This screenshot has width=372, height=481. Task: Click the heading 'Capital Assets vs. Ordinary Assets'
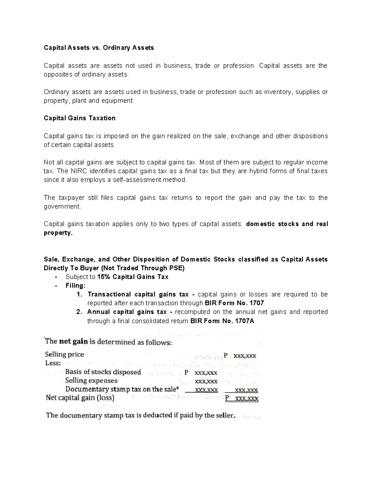(x=99, y=48)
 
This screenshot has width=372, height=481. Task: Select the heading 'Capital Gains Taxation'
(x=80, y=118)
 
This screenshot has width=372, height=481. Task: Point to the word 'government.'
(x=62, y=207)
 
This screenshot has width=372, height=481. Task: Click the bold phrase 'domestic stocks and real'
(x=287, y=224)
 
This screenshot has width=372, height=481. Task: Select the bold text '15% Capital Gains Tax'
(x=133, y=277)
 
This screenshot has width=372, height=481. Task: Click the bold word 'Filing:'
(x=75, y=286)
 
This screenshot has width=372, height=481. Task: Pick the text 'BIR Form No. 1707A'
(x=222, y=321)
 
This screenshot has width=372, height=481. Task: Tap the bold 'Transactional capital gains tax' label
(x=138, y=294)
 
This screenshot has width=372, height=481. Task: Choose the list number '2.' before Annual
(x=79, y=312)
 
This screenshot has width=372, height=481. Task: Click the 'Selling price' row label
(x=64, y=354)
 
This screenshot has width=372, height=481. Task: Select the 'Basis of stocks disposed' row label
(x=103, y=372)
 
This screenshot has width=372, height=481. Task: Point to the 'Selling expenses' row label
(x=91, y=381)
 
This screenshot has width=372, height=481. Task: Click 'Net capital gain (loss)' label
(x=80, y=398)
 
